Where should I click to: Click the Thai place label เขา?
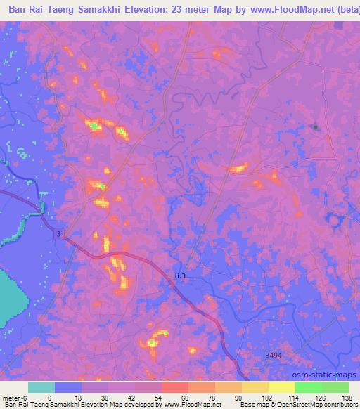click(180, 275)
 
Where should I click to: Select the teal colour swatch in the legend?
click(41, 387)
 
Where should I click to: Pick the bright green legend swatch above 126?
click(309, 387)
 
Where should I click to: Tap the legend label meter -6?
click(16, 397)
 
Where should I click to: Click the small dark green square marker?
click(316, 127)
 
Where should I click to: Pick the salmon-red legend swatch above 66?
click(175, 387)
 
